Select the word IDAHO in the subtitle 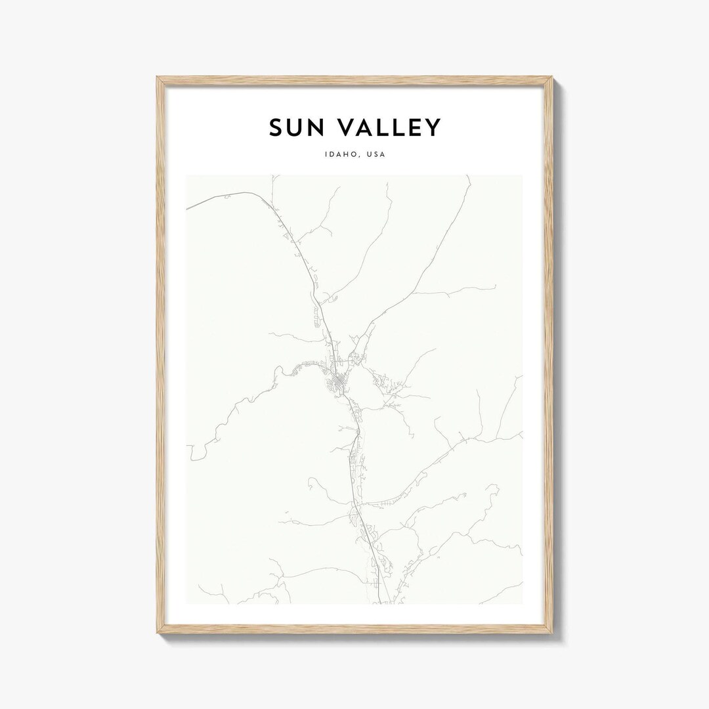click(340, 156)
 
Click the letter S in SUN click(276, 128)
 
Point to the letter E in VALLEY click(412, 128)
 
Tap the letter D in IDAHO click(332, 156)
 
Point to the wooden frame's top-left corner click(158, 78)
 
